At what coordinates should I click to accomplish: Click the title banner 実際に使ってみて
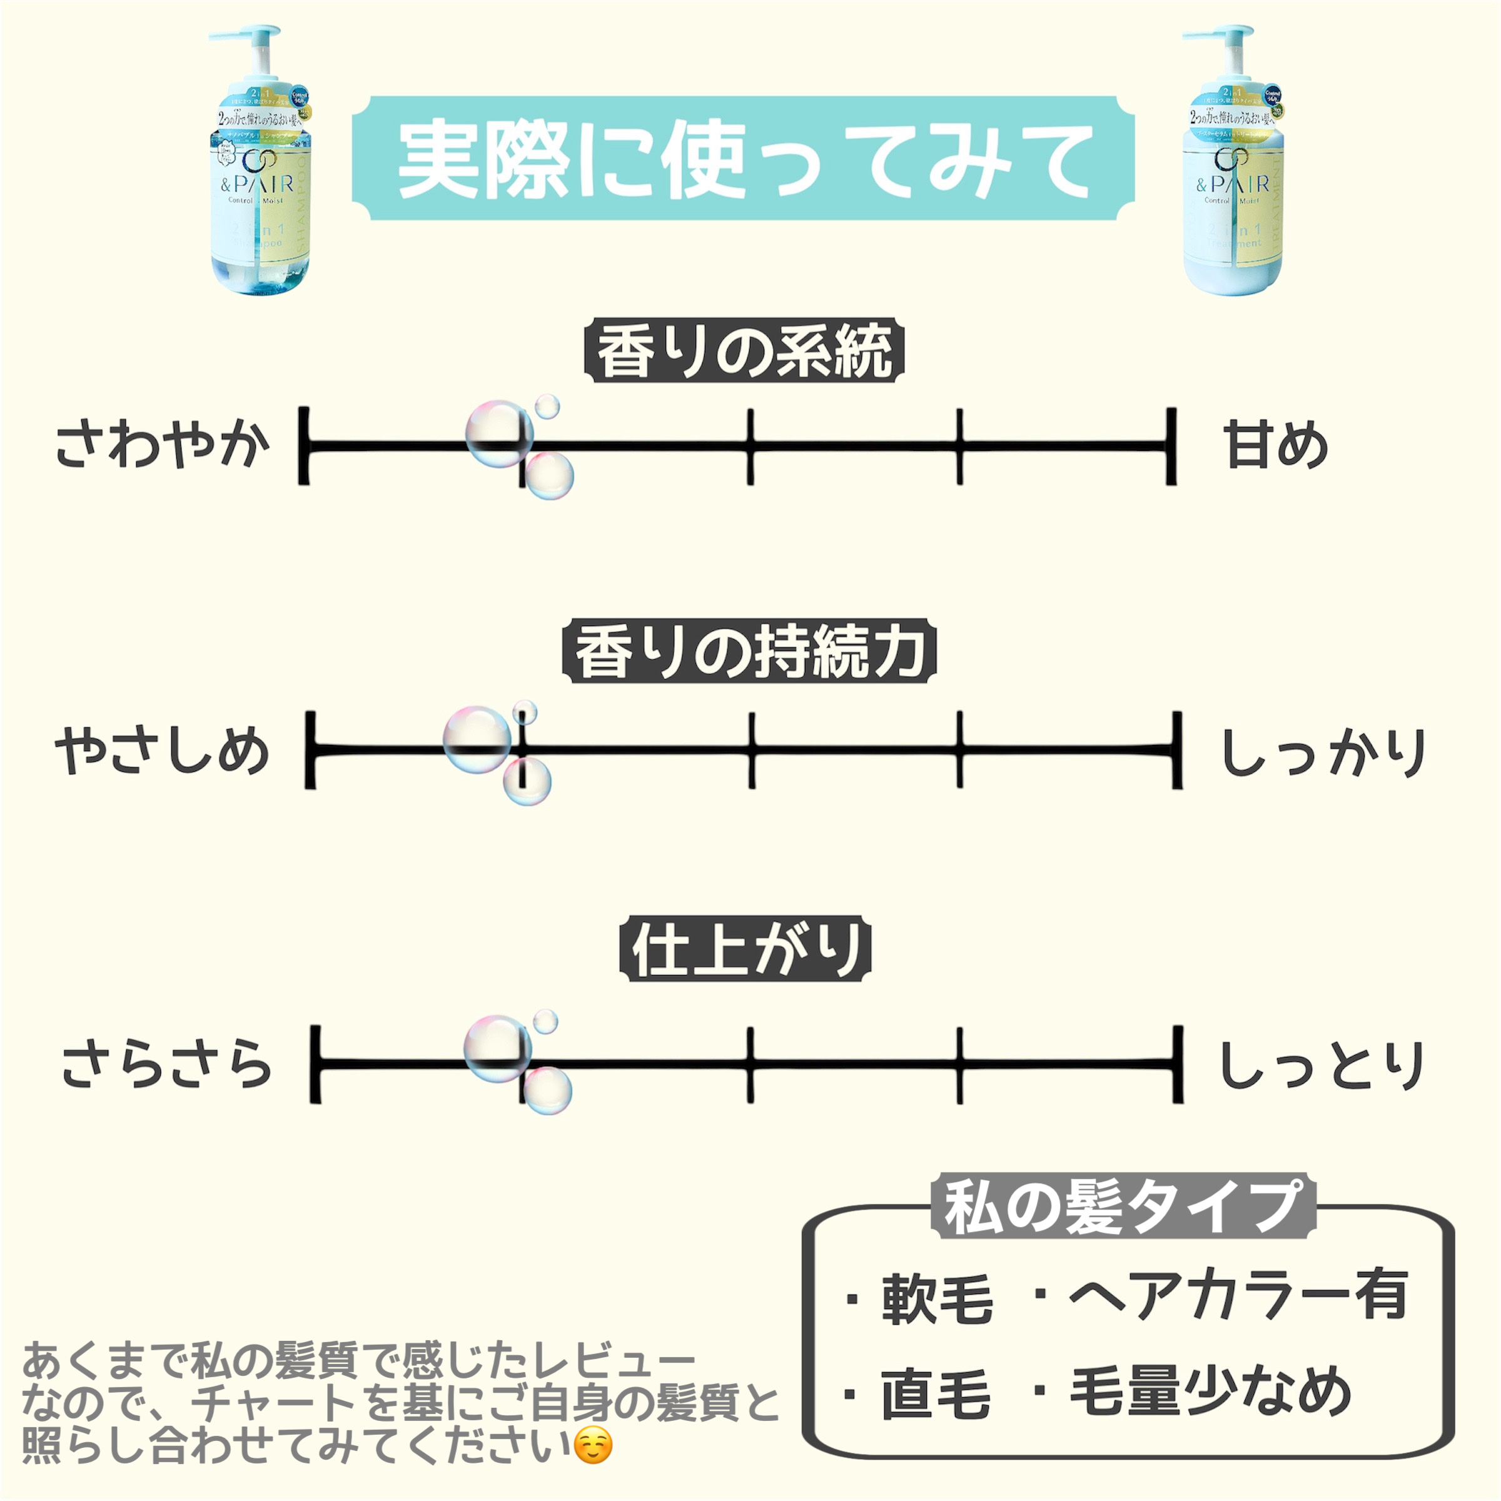coord(744,159)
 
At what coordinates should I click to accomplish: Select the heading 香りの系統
coord(744,351)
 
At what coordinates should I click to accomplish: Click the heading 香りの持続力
coord(749,652)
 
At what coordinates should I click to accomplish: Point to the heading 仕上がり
coord(745,949)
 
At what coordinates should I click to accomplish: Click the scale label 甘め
coord(1275,446)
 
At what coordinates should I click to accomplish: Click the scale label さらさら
coord(167,1064)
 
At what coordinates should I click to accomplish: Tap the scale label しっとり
coord(1322,1065)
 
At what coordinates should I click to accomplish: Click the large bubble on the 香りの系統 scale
coord(499,433)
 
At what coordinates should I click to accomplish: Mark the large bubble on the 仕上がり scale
coord(497,1049)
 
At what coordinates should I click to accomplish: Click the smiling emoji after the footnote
coord(593,1446)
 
